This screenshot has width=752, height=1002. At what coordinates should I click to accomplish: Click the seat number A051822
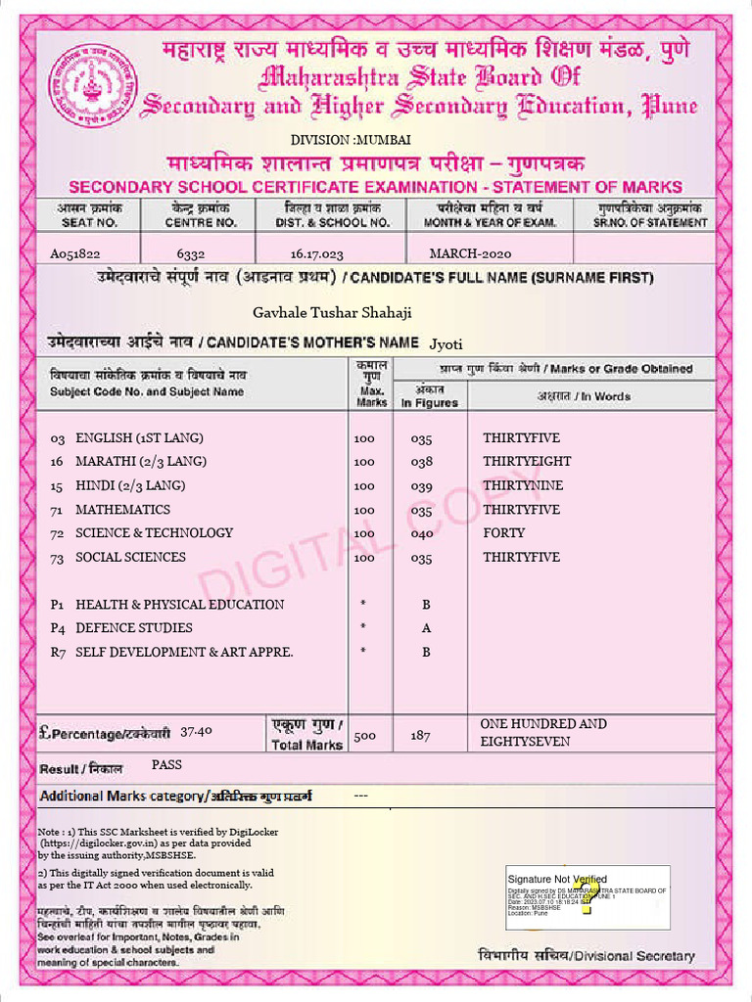75,253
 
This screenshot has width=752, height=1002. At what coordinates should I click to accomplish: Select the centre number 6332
190,253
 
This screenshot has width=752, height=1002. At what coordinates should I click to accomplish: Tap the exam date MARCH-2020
470,253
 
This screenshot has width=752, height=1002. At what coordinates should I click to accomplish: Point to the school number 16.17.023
316,253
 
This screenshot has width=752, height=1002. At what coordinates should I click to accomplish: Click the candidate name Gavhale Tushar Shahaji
332,312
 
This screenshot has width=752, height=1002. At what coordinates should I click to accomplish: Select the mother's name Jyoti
446,344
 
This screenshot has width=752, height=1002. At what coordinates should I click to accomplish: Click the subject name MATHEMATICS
122,510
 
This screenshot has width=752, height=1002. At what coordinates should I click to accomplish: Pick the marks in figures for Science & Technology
421,533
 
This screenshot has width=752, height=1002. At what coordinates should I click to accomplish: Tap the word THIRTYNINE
523,485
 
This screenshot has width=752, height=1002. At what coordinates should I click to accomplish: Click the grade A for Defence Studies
426,628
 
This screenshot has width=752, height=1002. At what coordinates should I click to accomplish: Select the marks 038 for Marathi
421,462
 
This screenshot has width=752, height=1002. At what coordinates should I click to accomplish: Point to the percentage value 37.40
197,731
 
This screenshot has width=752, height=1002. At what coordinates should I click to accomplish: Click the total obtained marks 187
420,735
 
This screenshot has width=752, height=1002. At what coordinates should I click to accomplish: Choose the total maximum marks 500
364,735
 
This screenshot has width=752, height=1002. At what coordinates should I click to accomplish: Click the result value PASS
166,764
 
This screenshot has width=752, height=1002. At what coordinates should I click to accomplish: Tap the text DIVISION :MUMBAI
337,140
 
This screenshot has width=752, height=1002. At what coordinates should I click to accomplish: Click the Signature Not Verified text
557,879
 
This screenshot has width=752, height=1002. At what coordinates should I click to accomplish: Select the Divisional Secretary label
587,955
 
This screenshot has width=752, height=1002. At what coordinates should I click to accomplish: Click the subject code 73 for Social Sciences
57,558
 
